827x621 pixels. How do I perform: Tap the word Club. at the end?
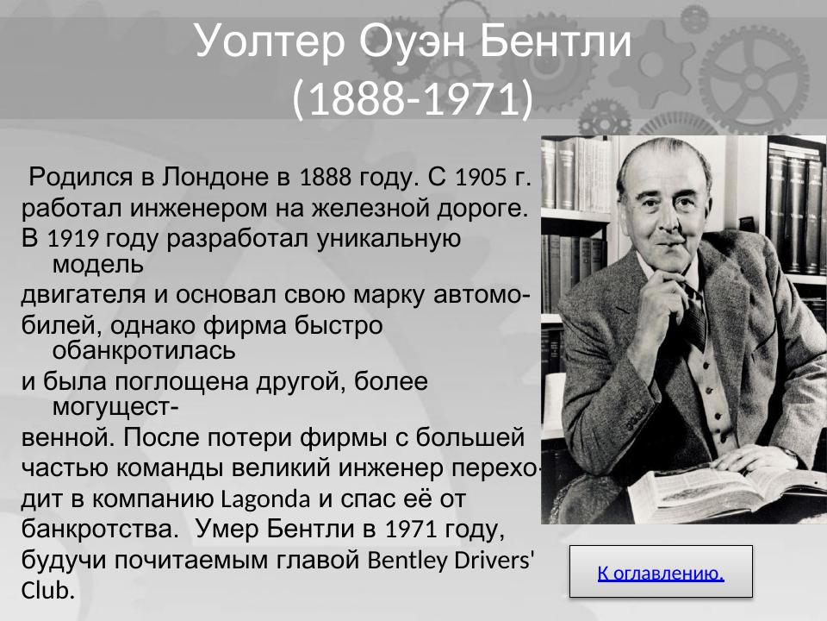(x=48, y=591)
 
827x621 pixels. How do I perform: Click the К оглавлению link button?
(x=661, y=572)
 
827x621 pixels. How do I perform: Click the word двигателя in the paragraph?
(x=84, y=295)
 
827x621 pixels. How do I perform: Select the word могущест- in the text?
(x=115, y=405)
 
